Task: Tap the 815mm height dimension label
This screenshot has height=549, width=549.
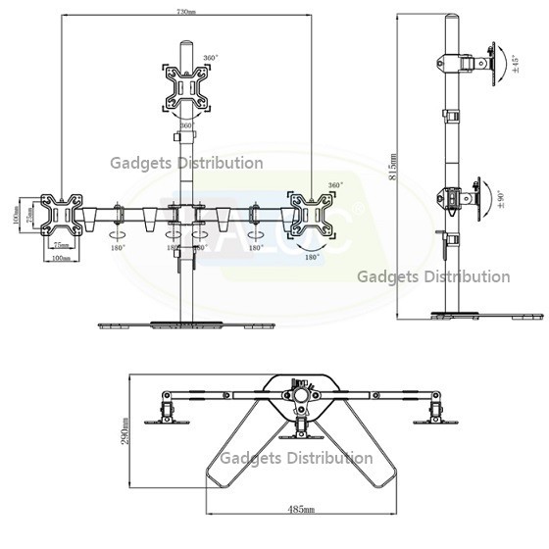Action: (x=393, y=168)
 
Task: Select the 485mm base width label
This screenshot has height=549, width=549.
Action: (x=303, y=511)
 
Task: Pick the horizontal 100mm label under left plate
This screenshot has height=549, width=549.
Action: (x=61, y=259)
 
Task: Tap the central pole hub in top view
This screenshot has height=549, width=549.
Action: (x=298, y=391)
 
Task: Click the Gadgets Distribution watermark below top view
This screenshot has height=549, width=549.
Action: (x=296, y=458)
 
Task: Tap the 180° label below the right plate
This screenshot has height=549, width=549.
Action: (x=313, y=257)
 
